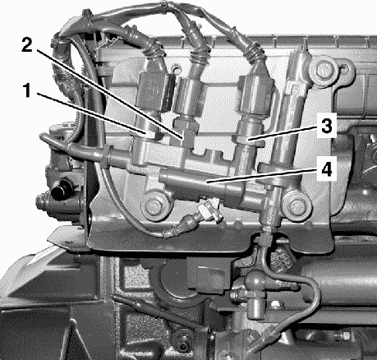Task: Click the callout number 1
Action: pyautogui.click(x=27, y=90)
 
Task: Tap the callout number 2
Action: pyautogui.click(x=27, y=45)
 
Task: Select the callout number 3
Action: pyautogui.click(x=326, y=127)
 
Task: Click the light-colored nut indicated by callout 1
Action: pyautogui.click(x=150, y=135)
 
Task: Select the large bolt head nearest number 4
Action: pyautogui.click(x=297, y=205)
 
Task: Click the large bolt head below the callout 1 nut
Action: pyautogui.click(x=154, y=204)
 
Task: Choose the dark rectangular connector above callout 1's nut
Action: pyautogui.click(x=155, y=90)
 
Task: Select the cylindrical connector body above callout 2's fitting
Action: pyautogui.click(x=189, y=96)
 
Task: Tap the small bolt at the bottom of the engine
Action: pyautogui.click(x=183, y=343)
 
